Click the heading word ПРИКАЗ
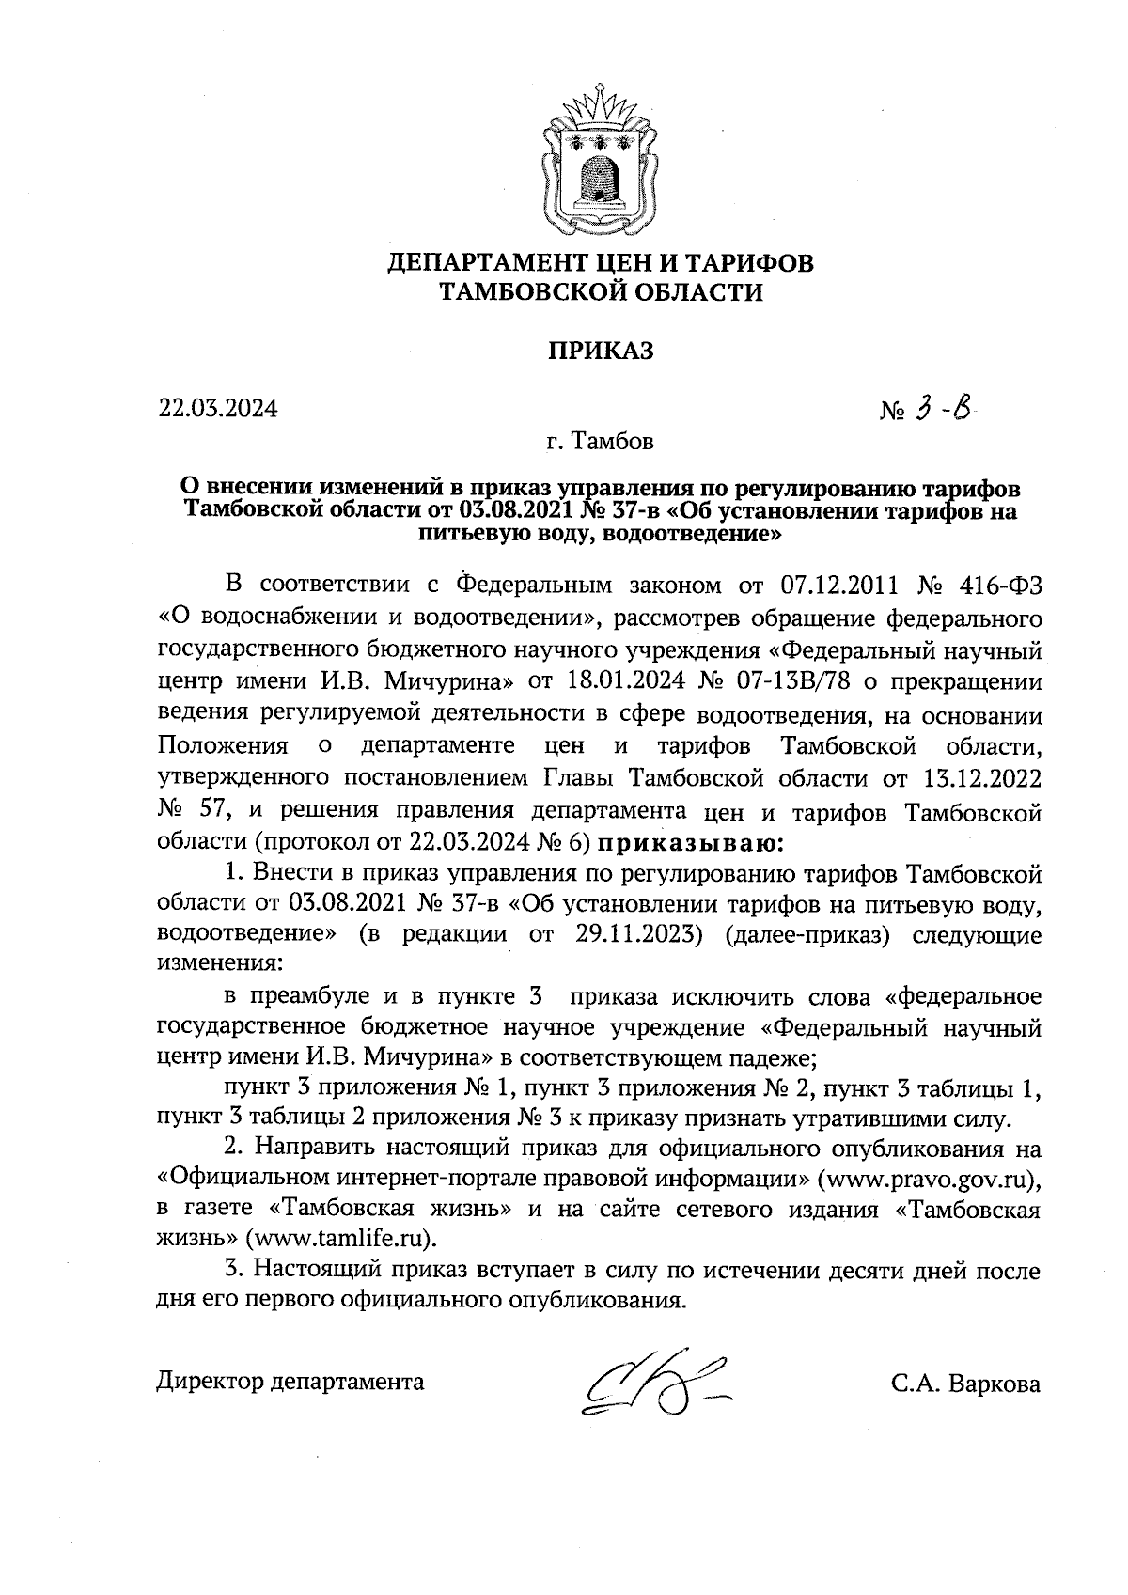point(601,351)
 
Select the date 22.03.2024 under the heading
point(217,409)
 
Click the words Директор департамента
point(290,1382)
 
